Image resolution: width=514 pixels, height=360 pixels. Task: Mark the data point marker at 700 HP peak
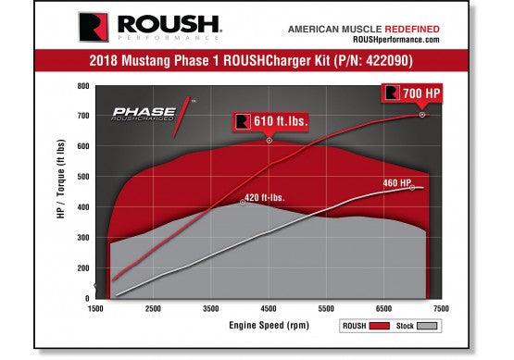pyautogui.click(x=422, y=116)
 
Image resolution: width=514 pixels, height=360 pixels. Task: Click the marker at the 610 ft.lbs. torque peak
pyautogui.click(x=270, y=141)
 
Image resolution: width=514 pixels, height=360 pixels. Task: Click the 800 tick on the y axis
pyautogui.click(x=83, y=86)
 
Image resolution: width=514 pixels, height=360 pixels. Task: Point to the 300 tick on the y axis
pyautogui.click(x=83, y=238)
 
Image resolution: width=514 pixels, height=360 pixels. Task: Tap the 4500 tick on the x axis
pyautogui.click(x=268, y=308)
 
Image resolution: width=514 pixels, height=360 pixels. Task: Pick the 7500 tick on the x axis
pyautogui.click(x=441, y=308)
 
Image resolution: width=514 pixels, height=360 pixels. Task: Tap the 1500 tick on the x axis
pyautogui.click(x=95, y=308)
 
